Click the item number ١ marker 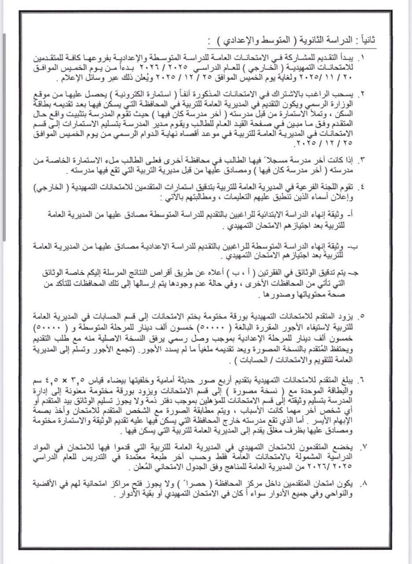pos(363,58)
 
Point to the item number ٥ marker pos(363,316)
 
